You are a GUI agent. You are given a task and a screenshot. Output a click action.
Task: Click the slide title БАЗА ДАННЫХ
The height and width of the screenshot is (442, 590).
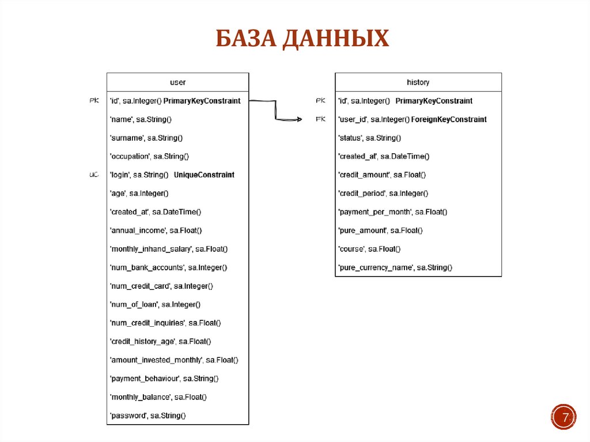click(302, 40)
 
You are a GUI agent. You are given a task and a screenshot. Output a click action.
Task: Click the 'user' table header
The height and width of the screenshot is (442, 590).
click(177, 82)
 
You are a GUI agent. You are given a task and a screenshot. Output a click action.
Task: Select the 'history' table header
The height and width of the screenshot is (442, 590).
click(418, 82)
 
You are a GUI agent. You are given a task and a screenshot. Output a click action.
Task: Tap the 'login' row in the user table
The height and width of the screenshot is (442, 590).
click(172, 175)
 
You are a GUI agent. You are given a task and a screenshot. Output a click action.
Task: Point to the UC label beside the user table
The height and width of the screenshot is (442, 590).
click(94, 175)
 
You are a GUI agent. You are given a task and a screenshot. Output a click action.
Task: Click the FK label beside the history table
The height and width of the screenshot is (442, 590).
click(321, 119)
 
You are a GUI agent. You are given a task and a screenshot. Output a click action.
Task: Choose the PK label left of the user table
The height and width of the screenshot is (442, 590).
click(94, 101)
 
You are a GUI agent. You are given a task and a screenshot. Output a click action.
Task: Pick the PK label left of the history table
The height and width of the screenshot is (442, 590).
click(321, 101)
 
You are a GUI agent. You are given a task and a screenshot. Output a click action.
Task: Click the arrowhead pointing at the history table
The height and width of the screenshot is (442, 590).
click(298, 119)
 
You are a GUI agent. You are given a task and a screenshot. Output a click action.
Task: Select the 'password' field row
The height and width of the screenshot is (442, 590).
click(147, 415)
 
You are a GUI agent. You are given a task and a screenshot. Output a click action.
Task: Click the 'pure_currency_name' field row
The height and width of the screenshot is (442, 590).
click(395, 267)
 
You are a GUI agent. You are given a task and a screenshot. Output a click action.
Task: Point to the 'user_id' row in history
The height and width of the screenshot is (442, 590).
click(412, 119)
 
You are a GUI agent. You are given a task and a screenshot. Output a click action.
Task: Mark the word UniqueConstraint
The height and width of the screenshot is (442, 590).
click(204, 175)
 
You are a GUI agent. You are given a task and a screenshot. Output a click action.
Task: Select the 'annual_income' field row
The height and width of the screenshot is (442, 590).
click(156, 231)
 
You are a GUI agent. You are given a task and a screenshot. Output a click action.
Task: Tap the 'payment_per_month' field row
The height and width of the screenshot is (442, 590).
click(392, 212)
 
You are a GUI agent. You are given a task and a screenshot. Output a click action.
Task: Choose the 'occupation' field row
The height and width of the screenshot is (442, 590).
click(149, 156)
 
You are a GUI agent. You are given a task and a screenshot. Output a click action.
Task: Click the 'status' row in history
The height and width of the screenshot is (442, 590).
click(369, 138)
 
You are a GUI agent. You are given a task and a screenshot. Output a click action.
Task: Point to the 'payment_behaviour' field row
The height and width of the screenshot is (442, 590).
click(164, 379)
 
